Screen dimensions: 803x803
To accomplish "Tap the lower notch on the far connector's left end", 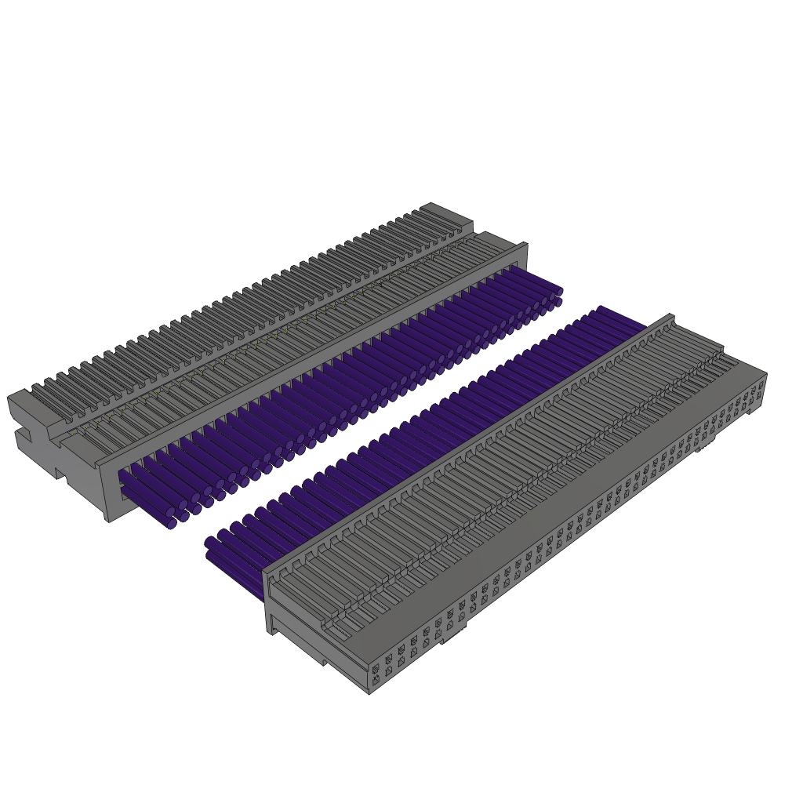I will (60, 473).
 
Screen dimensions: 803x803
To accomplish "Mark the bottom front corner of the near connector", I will (369, 691).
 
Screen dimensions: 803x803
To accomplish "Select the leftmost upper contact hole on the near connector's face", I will (376, 669).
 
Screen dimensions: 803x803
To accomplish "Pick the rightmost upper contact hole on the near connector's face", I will (760, 386).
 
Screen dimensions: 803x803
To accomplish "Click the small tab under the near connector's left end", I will (322, 661).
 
